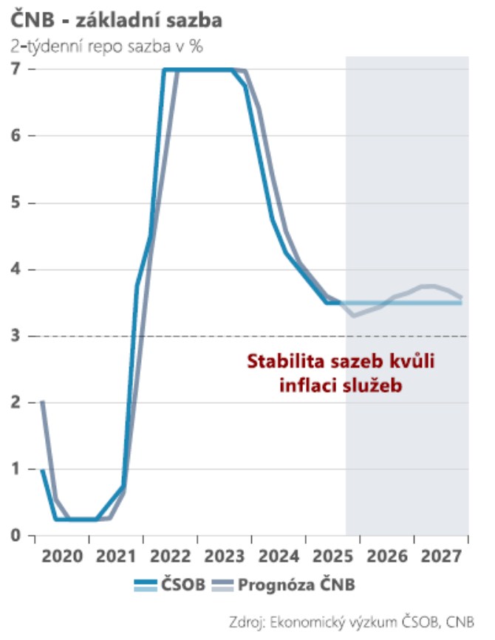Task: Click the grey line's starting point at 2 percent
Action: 43,402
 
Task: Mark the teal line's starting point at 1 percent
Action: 43,469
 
